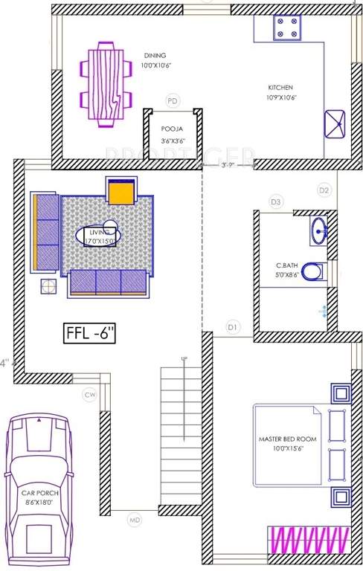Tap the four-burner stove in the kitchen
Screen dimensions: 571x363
tap(288, 27)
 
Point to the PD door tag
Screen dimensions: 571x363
tap(173, 100)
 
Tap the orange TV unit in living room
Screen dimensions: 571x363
tap(121, 192)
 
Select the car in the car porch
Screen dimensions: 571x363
tap(39, 491)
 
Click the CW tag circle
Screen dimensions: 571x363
tap(90, 395)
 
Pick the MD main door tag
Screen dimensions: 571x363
tap(134, 518)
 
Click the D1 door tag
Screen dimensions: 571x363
tap(232, 326)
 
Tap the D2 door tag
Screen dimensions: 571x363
tap(324, 190)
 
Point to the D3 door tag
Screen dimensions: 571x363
tap(276, 201)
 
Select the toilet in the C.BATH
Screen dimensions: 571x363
tap(312, 271)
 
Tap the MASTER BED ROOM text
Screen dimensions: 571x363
tap(287, 439)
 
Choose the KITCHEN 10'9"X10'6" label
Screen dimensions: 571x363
tap(281, 92)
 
